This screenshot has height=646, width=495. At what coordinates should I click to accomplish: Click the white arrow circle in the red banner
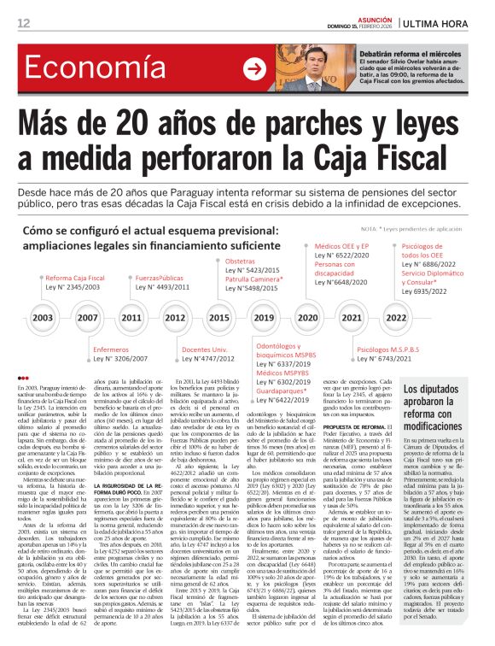pyautogui.click(x=254, y=69)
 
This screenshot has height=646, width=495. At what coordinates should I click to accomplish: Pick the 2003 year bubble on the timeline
pyautogui.click(x=43, y=317)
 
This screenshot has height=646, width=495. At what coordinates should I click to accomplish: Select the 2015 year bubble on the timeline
pyautogui.click(x=219, y=317)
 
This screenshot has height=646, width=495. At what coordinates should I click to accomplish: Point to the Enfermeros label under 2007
pyautogui.click(x=111, y=349)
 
